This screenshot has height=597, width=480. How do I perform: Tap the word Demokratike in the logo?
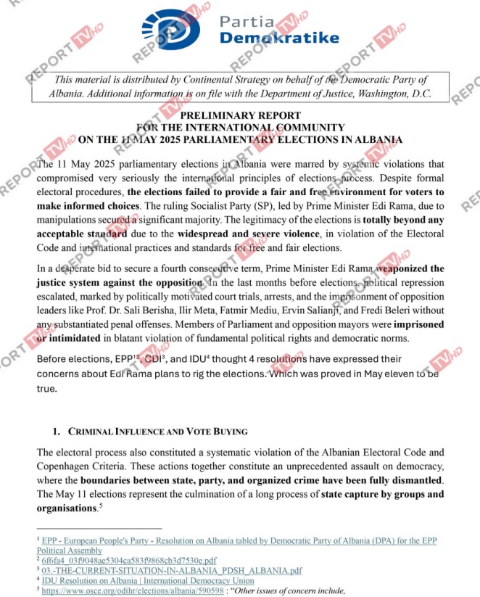click(278, 38)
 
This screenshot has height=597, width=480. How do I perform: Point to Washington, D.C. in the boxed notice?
click(392, 94)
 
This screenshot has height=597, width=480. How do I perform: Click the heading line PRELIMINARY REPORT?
click(240, 115)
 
